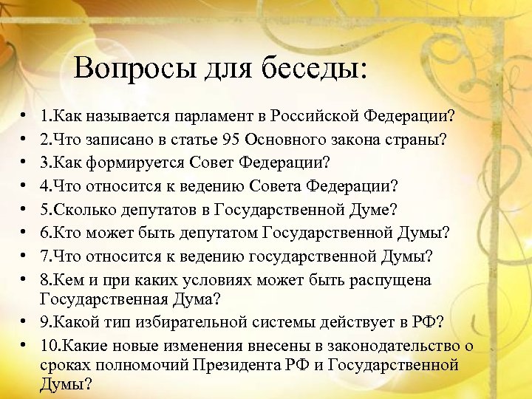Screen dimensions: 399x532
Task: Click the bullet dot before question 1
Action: pos(24,117)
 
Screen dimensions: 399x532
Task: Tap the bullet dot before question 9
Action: pos(24,323)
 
